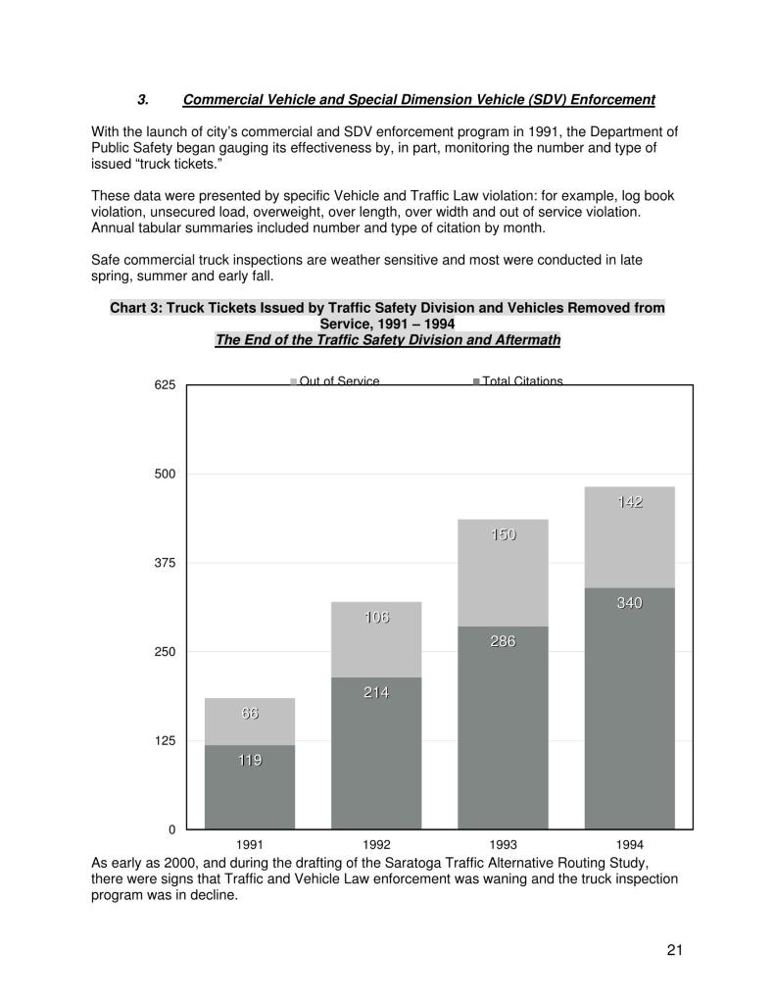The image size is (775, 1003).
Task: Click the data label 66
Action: pos(250,714)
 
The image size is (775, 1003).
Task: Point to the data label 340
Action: pos(629,603)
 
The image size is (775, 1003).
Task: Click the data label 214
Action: pos(376,692)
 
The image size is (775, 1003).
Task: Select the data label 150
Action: pos(503,534)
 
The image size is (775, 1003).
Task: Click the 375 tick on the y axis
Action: pos(165,564)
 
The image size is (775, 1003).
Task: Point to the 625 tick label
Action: pos(165,385)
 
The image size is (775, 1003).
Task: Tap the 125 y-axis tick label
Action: pos(165,741)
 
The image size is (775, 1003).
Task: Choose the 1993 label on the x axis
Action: pos(503,844)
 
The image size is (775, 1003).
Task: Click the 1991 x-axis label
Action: pos(250,844)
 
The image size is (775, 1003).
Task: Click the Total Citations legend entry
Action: pos(521,380)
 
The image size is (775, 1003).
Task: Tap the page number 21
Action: pos(674,949)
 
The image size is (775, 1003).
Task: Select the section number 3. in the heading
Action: pos(143,100)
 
